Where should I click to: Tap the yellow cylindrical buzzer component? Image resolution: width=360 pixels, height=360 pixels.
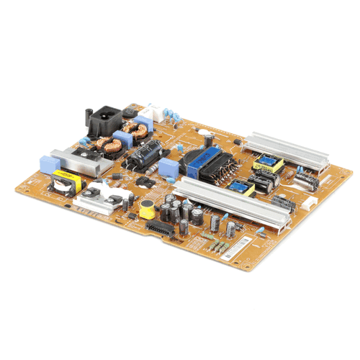[147, 208]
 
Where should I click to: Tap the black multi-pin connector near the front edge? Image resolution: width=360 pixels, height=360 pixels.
[161, 229]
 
